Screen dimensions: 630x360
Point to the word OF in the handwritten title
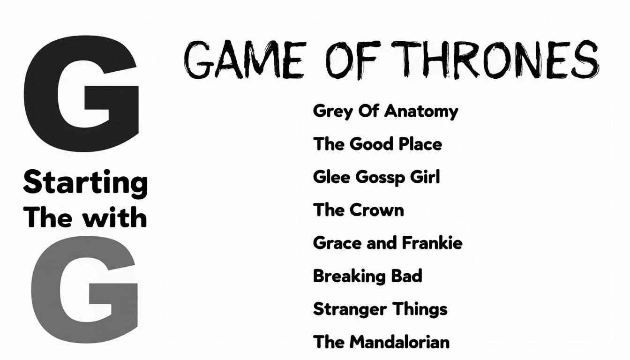pyautogui.click(x=353, y=60)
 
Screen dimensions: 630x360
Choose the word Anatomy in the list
pyautogui.click(x=421, y=112)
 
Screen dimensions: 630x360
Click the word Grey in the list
pyautogui.click(x=333, y=112)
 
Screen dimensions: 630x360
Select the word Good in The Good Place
pyautogui.click(x=372, y=144)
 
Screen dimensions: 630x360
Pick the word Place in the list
pyautogui.click(x=420, y=144)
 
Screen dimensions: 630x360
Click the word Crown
pyautogui.click(x=377, y=210)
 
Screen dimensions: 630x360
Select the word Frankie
pyautogui.click(x=432, y=242)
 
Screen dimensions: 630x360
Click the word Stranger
pyautogui.click(x=350, y=309)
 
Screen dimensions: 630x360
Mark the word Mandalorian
pyautogui.click(x=400, y=342)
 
